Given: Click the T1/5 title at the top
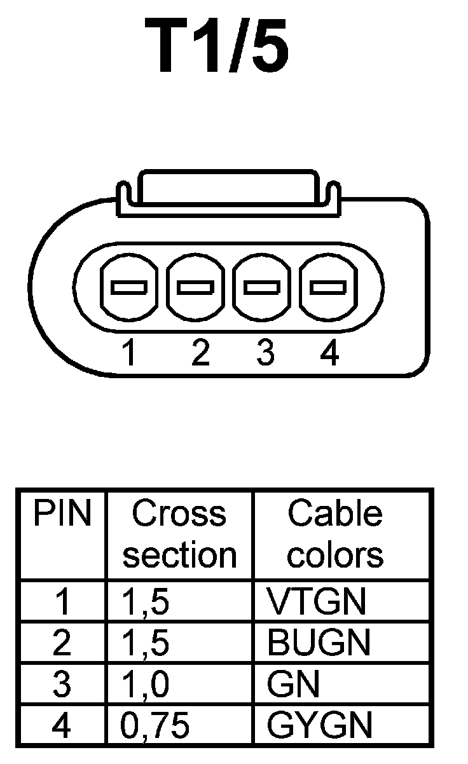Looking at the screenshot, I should (217, 46).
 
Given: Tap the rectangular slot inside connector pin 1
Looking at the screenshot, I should (130, 287).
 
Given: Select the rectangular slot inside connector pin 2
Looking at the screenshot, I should (196, 287).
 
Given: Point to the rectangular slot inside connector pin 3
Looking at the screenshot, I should (262, 287).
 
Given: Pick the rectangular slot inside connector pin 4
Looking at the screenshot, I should (329, 287).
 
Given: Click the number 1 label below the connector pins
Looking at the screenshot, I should (129, 353).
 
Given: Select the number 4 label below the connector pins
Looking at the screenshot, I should (330, 353).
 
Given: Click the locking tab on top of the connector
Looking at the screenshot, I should (229, 188).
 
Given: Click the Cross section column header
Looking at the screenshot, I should (179, 535).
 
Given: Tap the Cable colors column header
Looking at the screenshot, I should (335, 535).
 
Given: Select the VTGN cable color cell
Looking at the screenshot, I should (317, 601).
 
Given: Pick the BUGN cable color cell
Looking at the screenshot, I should (319, 643).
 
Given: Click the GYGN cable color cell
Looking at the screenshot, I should (320, 725).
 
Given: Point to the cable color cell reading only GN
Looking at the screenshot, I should (293, 684).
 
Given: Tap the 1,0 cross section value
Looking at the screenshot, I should (146, 684).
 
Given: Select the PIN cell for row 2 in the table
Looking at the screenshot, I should (62, 643).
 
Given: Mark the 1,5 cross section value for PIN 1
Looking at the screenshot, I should (146, 601).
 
